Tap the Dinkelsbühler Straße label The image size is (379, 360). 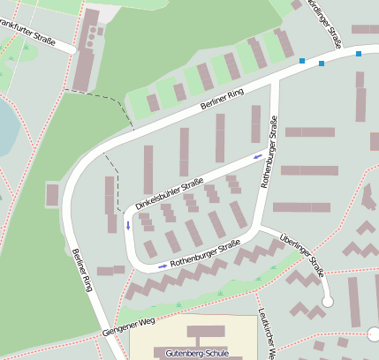pos(170,194)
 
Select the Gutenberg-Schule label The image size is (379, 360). pos(197,354)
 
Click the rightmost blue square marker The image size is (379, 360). pos(359,54)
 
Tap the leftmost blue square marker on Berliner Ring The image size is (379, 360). pos(302,61)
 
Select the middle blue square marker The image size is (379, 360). pos(322,64)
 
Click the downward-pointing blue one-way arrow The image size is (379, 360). pos(128,224)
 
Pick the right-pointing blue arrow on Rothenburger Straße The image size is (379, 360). pos(162,265)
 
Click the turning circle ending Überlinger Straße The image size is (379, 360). pos(328,302)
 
